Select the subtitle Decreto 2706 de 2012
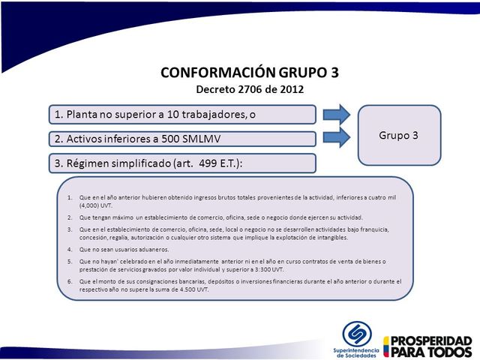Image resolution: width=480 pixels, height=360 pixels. [250, 89]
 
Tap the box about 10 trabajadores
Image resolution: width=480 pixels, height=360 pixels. [182, 115]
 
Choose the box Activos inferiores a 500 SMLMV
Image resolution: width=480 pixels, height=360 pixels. [182, 139]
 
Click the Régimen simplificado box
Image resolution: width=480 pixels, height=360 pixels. [182, 163]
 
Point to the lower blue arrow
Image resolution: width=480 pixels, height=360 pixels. [337, 137]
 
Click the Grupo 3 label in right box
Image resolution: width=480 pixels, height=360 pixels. [399, 136]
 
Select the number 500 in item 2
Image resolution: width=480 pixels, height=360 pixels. [176, 139]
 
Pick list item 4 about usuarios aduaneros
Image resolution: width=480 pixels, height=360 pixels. [124, 249]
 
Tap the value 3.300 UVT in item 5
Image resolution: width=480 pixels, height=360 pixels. [267, 268]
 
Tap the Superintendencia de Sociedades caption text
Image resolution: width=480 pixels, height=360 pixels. [357, 352]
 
